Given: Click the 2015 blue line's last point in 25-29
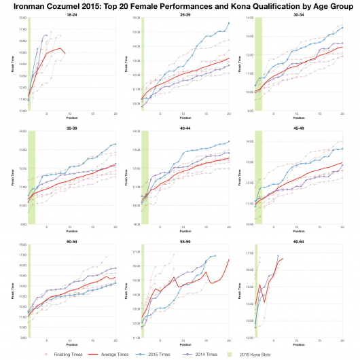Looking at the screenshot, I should click(229, 23).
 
